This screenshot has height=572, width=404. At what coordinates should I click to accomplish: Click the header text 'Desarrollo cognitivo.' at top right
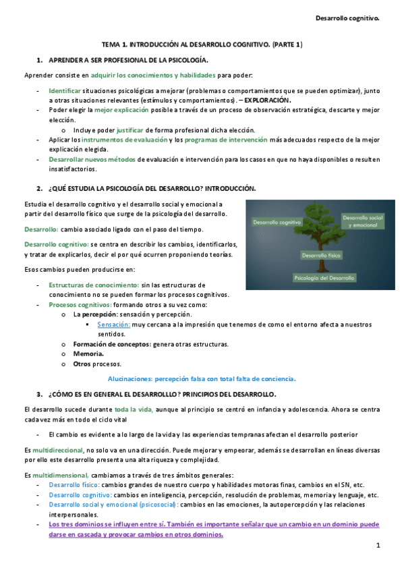349,18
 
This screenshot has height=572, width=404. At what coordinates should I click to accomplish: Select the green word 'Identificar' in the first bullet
65,90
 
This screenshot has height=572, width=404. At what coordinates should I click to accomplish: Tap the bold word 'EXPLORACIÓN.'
272,100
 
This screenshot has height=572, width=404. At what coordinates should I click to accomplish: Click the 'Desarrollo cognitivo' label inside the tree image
276,221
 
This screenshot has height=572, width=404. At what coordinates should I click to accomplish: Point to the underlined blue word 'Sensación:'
113,324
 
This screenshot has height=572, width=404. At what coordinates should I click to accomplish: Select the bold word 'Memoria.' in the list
88,353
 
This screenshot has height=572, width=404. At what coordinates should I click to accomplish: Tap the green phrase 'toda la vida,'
134,409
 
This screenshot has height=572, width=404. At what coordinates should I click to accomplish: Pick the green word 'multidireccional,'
59,449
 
